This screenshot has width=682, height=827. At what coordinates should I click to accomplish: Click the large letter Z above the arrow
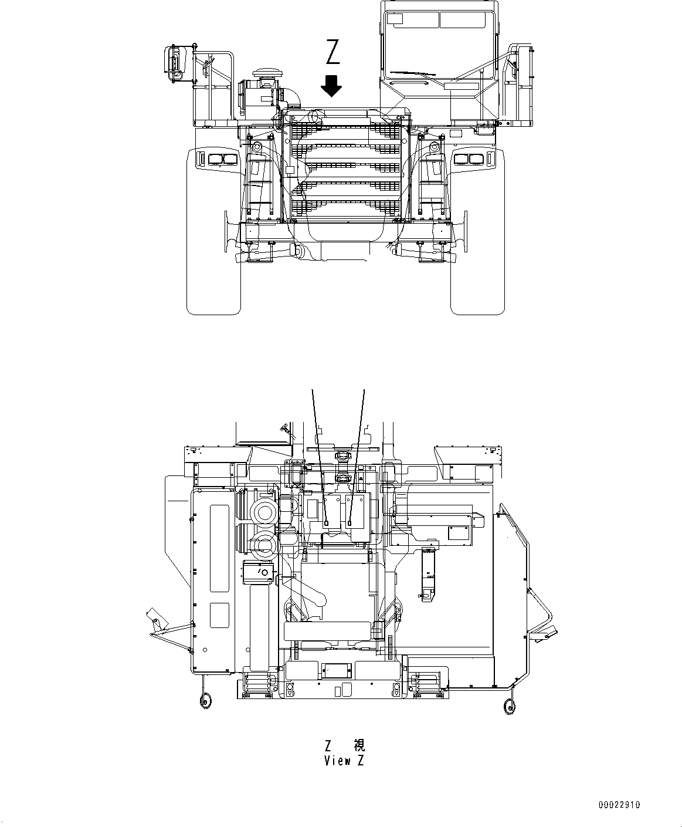point(332,52)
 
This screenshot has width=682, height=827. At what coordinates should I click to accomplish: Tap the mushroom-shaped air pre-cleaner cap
point(262,74)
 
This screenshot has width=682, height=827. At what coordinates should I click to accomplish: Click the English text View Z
point(344,761)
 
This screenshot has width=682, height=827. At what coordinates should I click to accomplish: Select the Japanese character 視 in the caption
point(359,745)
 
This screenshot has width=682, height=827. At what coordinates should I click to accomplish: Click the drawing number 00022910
point(619,805)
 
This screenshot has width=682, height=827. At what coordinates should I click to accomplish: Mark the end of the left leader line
point(326,522)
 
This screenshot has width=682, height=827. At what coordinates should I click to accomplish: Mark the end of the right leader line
point(350,522)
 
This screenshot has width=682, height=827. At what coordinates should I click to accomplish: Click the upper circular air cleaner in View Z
point(262,512)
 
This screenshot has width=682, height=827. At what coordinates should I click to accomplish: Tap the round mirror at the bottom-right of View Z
point(509,707)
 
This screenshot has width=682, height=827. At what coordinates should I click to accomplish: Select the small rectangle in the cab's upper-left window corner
point(395,19)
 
